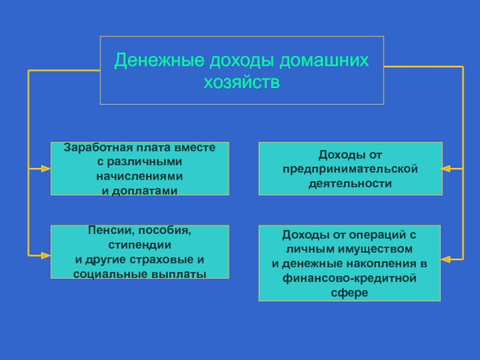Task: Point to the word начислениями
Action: (140, 177)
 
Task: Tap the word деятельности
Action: (350, 183)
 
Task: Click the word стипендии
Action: (140, 245)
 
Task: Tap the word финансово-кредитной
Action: (349, 279)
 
